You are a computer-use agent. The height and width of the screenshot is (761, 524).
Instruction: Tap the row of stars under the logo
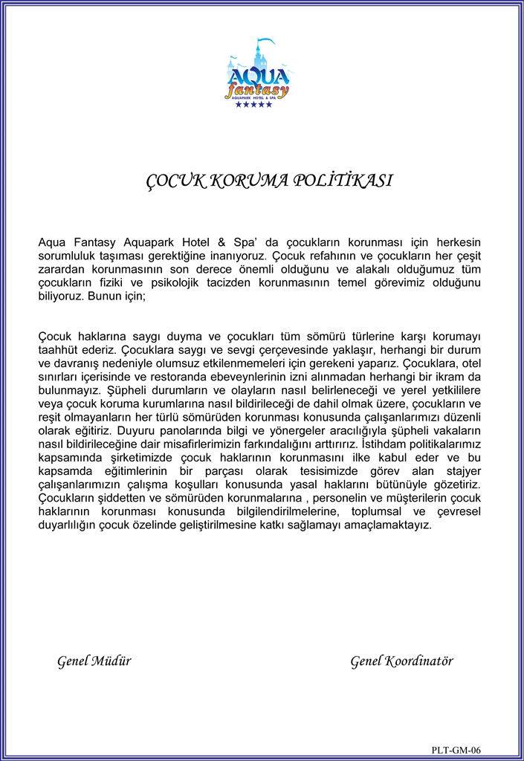coord(253,104)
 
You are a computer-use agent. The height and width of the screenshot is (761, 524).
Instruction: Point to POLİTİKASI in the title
coord(343,181)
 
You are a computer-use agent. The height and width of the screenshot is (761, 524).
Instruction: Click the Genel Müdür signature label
coord(94,661)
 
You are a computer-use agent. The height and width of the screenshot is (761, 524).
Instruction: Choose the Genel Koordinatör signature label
coord(401,661)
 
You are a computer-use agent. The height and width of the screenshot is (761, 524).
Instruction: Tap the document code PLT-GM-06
coord(461,750)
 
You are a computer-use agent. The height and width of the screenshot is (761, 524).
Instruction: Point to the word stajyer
coord(462,470)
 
